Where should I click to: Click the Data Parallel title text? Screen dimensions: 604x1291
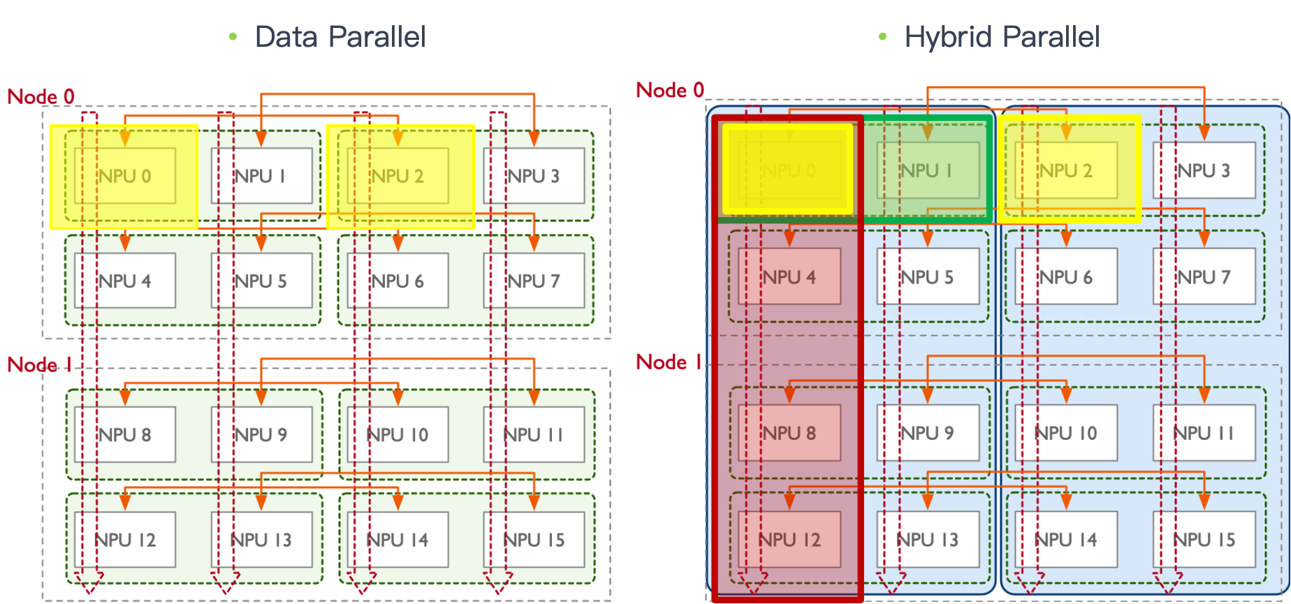pyautogui.click(x=340, y=36)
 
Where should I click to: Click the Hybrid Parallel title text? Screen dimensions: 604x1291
pyautogui.click(x=1002, y=36)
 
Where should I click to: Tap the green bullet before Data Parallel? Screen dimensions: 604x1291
pyautogui.click(x=233, y=36)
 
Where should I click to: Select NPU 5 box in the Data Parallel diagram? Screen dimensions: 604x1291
pyautogui.click(x=261, y=281)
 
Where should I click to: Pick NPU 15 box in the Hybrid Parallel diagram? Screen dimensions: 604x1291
pyautogui.click(x=1204, y=540)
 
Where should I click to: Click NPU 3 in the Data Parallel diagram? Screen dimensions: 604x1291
pyautogui.click(x=534, y=176)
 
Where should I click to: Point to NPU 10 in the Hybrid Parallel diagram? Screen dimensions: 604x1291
pyautogui.click(x=1066, y=433)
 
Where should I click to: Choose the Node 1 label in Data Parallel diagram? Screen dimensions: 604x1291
pyautogui.click(x=39, y=364)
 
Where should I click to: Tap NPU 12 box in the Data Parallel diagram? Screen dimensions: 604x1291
pyautogui.click(x=125, y=540)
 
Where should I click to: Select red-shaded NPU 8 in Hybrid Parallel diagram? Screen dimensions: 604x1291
pyautogui.click(x=789, y=433)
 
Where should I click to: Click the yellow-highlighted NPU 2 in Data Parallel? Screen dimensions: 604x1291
pyautogui.click(x=398, y=176)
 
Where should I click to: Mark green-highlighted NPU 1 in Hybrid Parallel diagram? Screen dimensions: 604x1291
pyautogui.click(x=927, y=170)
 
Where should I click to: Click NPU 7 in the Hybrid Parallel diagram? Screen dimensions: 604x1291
pyautogui.click(x=1204, y=277)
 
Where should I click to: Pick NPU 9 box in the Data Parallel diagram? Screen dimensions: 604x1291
pyautogui.click(x=261, y=434)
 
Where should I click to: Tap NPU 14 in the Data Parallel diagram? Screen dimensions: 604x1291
pyautogui.click(x=397, y=540)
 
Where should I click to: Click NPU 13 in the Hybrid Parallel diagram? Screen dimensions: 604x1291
pyautogui.click(x=927, y=540)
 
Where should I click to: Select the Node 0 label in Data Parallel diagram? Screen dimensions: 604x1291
pyautogui.click(x=41, y=96)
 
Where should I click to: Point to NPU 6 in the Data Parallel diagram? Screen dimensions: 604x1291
pyautogui.click(x=397, y=281)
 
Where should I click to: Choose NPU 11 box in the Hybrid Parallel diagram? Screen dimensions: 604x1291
pyautogui.click(x=1204, y=433)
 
